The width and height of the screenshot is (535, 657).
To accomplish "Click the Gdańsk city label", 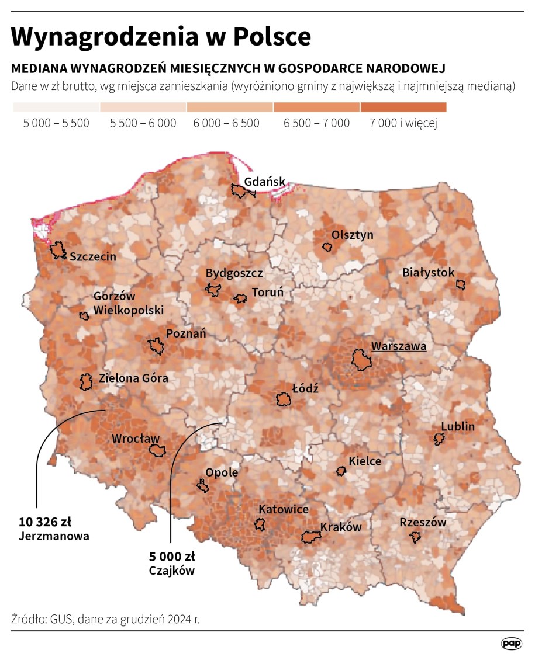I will (x=265, y=181).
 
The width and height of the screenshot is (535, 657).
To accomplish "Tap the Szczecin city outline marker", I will (x=58, y=251).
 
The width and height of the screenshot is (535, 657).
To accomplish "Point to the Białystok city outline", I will (x=461, y=284).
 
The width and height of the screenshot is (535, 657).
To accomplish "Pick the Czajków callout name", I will (x=171, y=571).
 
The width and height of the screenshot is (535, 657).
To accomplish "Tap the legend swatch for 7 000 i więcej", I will (x=403, y=107).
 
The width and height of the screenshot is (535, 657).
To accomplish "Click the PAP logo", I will (x=511, y=643).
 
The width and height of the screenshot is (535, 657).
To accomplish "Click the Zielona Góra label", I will (x=133, y=378).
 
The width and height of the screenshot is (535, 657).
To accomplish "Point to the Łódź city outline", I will (x=284, y=399).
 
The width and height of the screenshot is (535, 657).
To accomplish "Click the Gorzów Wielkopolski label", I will (x=128, y=303).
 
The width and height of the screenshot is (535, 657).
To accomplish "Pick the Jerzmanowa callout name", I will (x=54, y=536).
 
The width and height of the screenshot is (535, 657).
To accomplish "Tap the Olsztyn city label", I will (x=352, y=235).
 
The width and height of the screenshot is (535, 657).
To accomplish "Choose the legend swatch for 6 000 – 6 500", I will (x=230, y=107).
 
